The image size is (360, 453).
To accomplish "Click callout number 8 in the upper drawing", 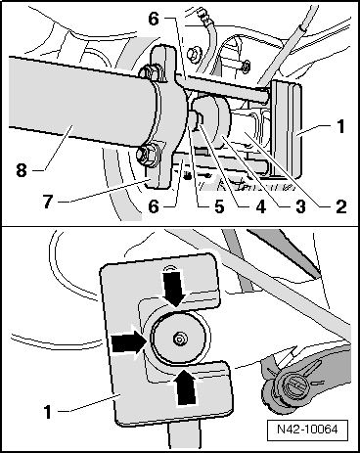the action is (22, 169).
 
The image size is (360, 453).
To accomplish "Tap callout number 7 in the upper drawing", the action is (48, 202).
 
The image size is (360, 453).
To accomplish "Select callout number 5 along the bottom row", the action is (218, 206).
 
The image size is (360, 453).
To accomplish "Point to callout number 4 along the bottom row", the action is (260, 206).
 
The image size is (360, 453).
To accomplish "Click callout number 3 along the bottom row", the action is (300, 206).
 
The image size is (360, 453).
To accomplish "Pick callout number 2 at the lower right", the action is (340, 206).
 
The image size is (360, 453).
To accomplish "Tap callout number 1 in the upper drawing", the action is (340, 126).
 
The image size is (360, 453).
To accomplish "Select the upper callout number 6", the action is (154, 19).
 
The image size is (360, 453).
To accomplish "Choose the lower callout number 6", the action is (154, 206).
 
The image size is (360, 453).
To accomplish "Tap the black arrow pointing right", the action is (128, 342).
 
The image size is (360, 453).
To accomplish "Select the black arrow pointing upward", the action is (185, 386).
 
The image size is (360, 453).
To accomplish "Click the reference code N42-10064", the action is (307, 430).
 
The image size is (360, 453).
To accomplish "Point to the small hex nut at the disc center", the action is (179, 340).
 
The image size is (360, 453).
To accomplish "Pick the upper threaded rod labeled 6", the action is (222, 87).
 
